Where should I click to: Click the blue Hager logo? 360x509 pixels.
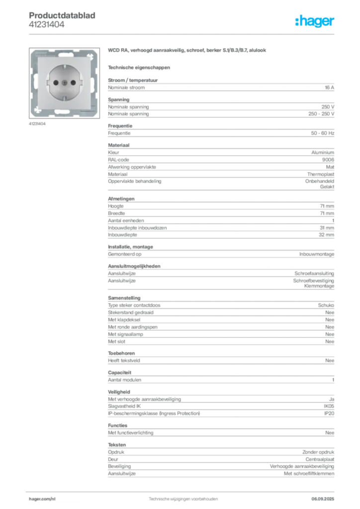(x=315, y=21)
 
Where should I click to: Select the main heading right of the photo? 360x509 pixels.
(x=188, y=51)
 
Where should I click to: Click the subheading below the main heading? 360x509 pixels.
(x=139, y=67)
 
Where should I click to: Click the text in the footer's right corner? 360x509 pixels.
(x=326, y=497)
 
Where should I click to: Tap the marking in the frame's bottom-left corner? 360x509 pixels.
(x=36, y=110)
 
